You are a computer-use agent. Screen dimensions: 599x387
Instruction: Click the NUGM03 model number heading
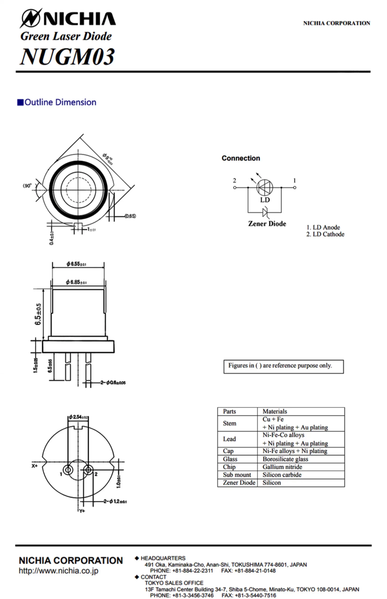pyautogui.click(x=67, y=57)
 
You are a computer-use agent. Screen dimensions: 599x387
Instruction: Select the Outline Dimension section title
pyautogui.click(x=57, y=102)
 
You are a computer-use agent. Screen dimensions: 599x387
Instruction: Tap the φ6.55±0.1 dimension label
pyautogui.click(x=76, y=264)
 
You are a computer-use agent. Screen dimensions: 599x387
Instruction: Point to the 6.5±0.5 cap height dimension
pyautogui.click(x=38, y=314)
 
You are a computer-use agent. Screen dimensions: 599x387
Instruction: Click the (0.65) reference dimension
pyautogui.click(x=130, y=216)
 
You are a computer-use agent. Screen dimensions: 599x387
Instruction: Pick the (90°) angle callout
pyautogui.click(x=27, y=186)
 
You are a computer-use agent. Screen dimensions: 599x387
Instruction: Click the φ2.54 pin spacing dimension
pyautogui.click(x=78, y=417)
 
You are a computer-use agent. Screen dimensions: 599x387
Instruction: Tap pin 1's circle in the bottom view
pyautogui.click(x=68, y=470)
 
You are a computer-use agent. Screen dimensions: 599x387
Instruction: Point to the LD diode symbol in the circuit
pyautogui.click(x=265, y=187)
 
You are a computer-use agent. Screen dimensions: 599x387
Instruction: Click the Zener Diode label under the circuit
pyautogui.click(x=267, y=224)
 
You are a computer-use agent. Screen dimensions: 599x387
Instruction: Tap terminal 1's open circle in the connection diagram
pyautogui.click(x=295, y=187)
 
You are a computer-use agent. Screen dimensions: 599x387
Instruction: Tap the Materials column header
pyautogui.click(x=275, y=411)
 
